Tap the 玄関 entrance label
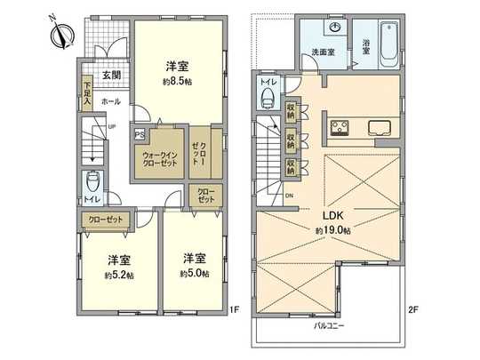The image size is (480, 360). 111,75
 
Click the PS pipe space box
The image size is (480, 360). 139,135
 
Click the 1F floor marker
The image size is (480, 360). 235,309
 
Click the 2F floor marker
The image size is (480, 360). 412,309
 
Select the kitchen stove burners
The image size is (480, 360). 340,126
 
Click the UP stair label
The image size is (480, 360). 110,126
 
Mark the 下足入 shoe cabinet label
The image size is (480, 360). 87,94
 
